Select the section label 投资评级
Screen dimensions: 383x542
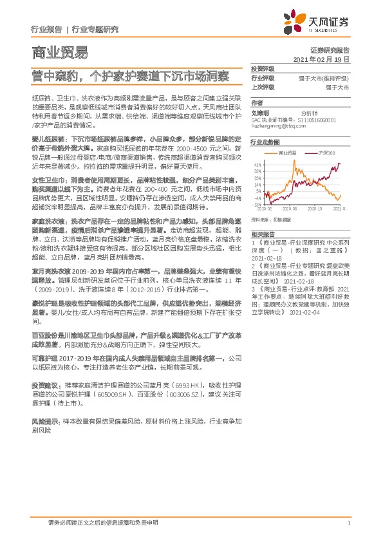tap(262, 68)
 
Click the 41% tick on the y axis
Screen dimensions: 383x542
tap(257, 165)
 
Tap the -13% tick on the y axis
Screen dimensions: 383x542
tap(257, 204)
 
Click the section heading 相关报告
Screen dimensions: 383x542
tap(263, 234)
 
